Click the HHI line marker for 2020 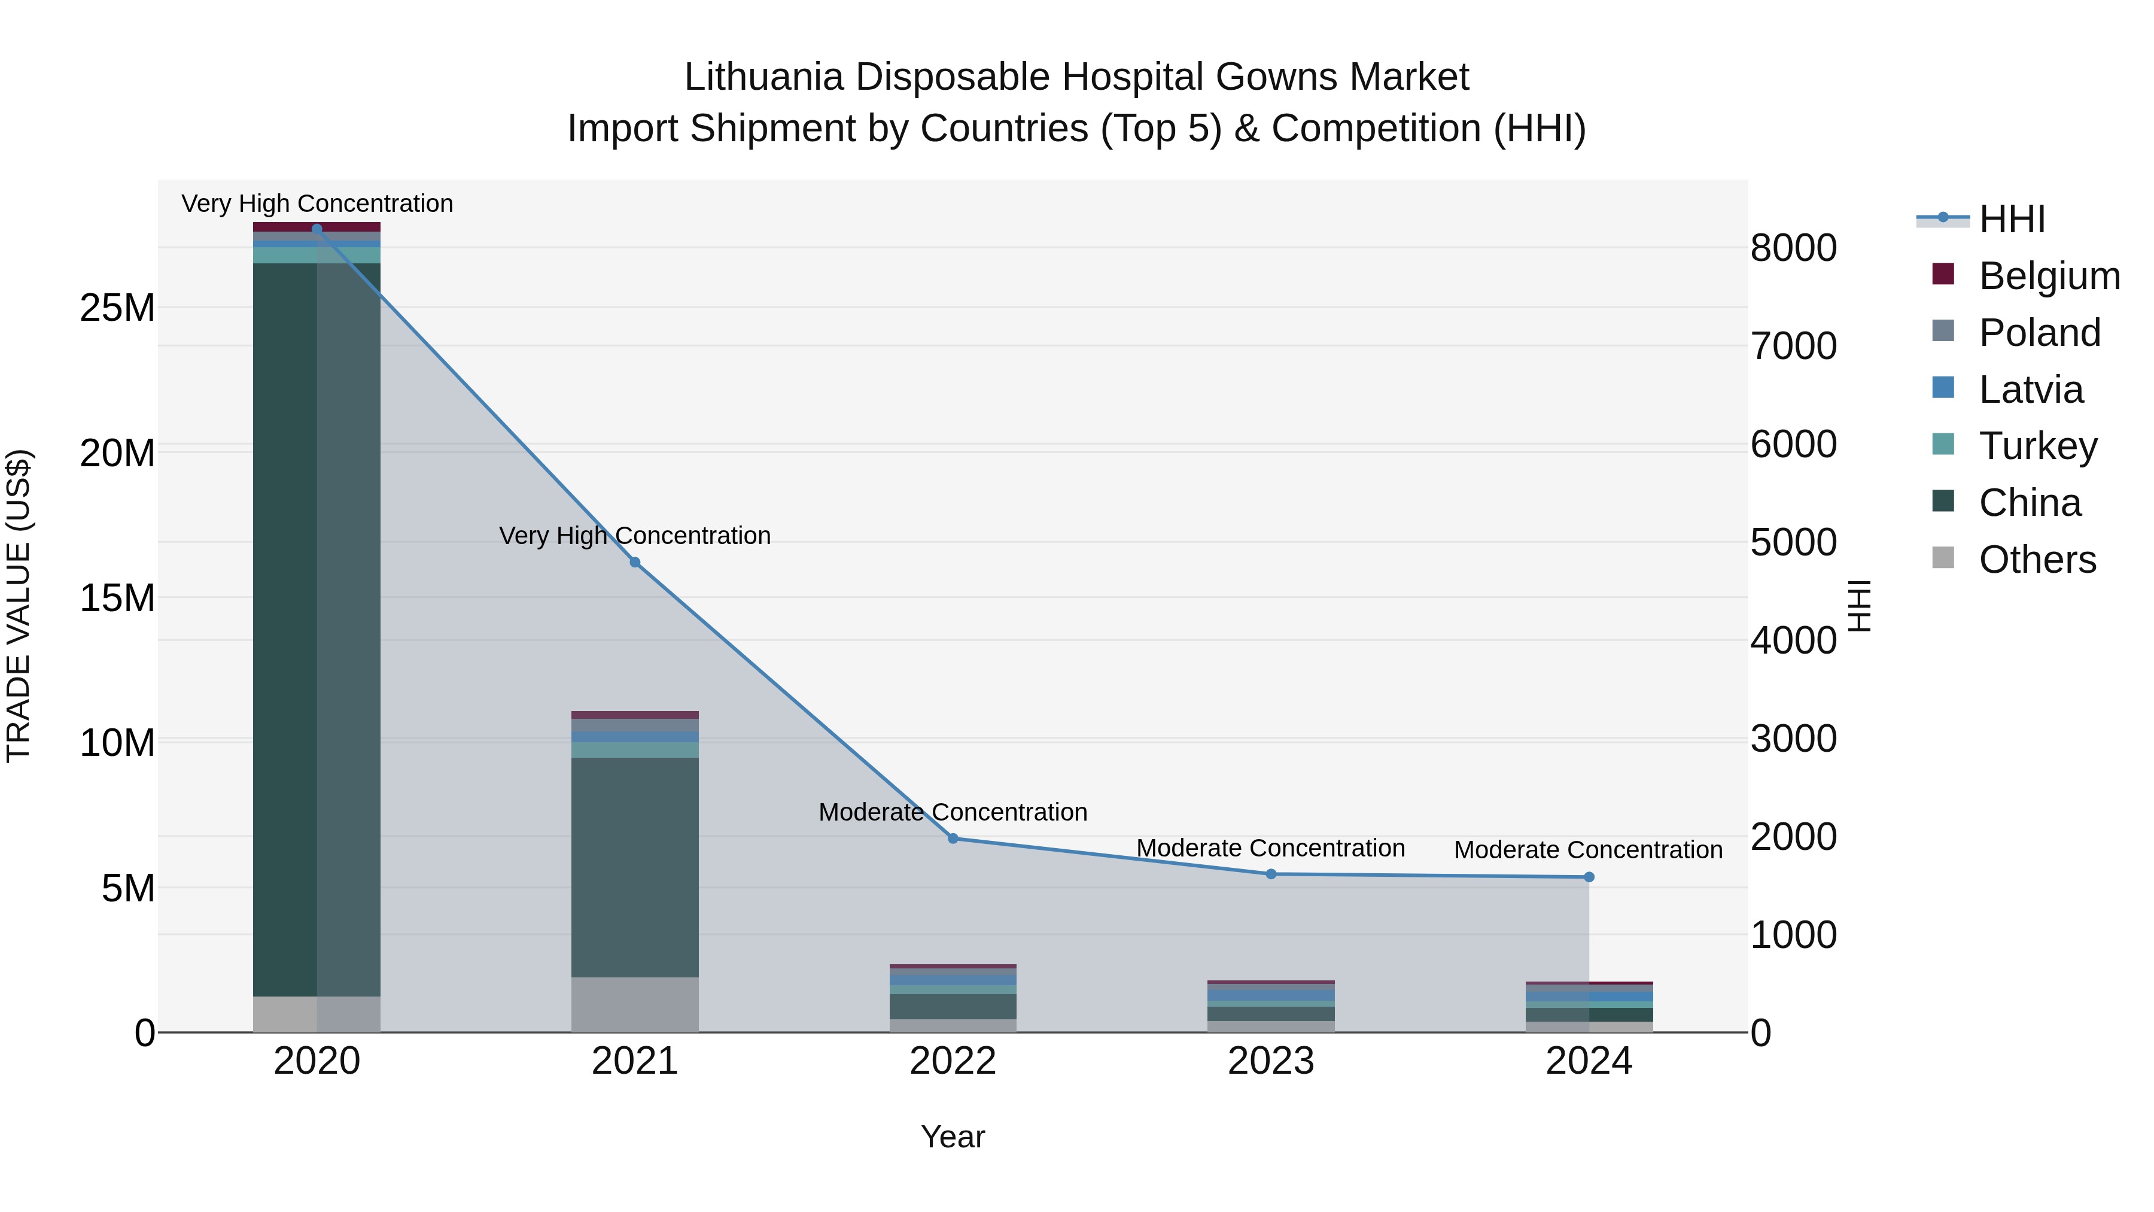(x=317, y=229)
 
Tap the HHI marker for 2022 (x=953, y=838)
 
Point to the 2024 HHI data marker (x=1589, y=877)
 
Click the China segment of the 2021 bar (x=635, y=865)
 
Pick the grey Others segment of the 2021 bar (x=635, y=1004)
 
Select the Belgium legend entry (x=2049, y=276)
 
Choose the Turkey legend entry (x=2038, y=446)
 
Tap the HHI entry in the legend (x=2011, y=219)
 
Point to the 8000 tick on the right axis (x=1794, y=248)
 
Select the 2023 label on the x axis (x=1270, y=1061)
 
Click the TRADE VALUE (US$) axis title (x=19, y=606)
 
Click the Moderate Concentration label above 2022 (x=953, y=812)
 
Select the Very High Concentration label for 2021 (x=635, y=535)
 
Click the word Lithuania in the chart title (x=763, y=77)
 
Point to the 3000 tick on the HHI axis (x=1794, y=739)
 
